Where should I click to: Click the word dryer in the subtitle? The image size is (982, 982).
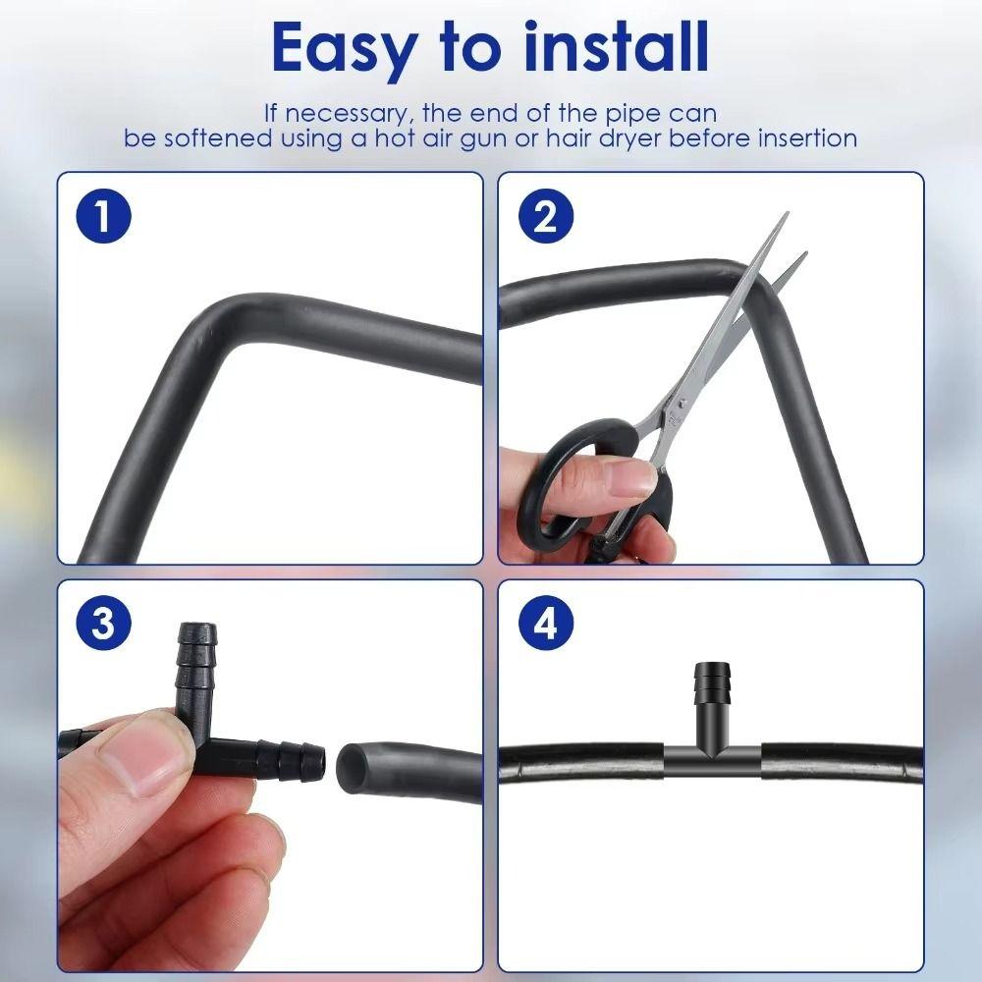click(625, 137)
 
